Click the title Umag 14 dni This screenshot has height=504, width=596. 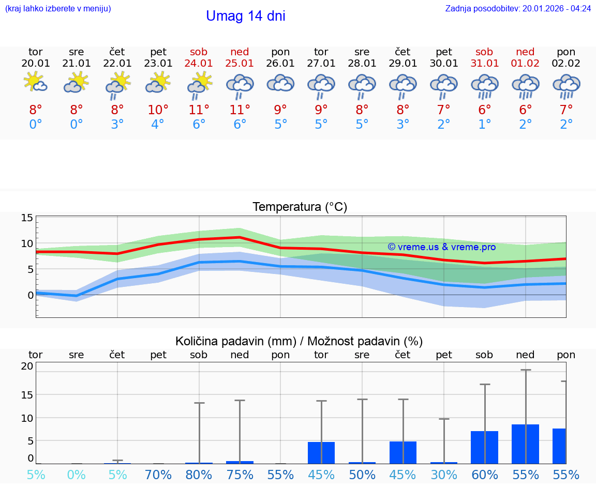pos(245,16)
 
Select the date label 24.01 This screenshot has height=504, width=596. pos(199,63)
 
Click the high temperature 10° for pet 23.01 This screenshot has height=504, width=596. pos(158,110)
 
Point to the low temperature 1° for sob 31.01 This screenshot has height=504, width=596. pos(484,125)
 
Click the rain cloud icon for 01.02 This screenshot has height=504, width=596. pos(525,86)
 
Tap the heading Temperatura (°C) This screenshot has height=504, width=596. pos(300,207)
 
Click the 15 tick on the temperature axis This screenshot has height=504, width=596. pos(27,218)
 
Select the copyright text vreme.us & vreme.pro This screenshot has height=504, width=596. pos(441,247)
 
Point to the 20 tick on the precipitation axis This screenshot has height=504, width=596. pos(27,366)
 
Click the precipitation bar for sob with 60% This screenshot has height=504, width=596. pos(484,447)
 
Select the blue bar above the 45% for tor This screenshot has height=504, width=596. pos(321,453)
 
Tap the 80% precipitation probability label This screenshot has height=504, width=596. pos(199,475)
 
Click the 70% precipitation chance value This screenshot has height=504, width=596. pos(158,475)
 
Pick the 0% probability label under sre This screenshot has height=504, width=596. pos(76,475)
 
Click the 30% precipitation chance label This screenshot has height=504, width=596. pos(443,475)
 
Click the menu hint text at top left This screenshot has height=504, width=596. pos(58,8)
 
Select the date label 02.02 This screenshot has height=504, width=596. pos(566,63)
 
